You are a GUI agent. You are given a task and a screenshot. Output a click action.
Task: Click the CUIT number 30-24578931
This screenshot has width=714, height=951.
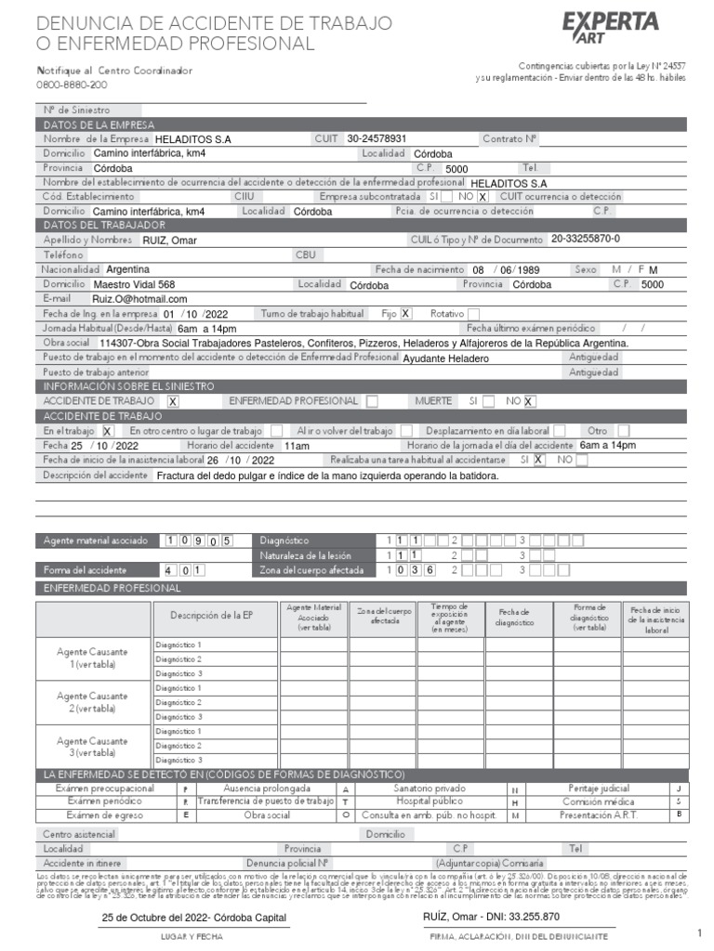377,138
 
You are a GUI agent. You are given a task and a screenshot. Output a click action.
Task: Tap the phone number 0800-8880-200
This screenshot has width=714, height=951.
72,85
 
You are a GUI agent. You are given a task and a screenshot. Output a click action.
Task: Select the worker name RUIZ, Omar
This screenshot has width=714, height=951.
169,241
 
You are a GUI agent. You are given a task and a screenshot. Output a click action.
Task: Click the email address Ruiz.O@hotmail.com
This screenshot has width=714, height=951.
139,299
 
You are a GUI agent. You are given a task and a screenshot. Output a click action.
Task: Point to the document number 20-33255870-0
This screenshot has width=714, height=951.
585,239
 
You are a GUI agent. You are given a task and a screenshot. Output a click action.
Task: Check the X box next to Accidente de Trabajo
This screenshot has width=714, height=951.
173,401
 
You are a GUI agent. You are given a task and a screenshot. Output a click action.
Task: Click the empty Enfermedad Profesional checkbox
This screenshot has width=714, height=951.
372,401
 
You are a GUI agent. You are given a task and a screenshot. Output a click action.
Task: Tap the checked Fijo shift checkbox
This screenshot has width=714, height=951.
405,313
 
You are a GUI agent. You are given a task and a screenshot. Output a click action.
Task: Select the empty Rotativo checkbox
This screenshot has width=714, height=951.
473,313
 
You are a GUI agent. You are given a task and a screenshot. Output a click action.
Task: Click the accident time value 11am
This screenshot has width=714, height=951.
297,446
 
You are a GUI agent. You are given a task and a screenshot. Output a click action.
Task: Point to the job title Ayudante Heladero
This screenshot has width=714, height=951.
445,358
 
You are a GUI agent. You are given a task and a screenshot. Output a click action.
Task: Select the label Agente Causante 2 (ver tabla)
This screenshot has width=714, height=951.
93,701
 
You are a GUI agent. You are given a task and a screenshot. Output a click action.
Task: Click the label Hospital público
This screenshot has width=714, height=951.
424,801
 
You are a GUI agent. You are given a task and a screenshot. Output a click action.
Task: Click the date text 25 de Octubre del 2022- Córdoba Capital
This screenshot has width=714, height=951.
193,918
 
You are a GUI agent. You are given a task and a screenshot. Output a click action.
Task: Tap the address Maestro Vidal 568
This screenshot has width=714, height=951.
134,284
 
